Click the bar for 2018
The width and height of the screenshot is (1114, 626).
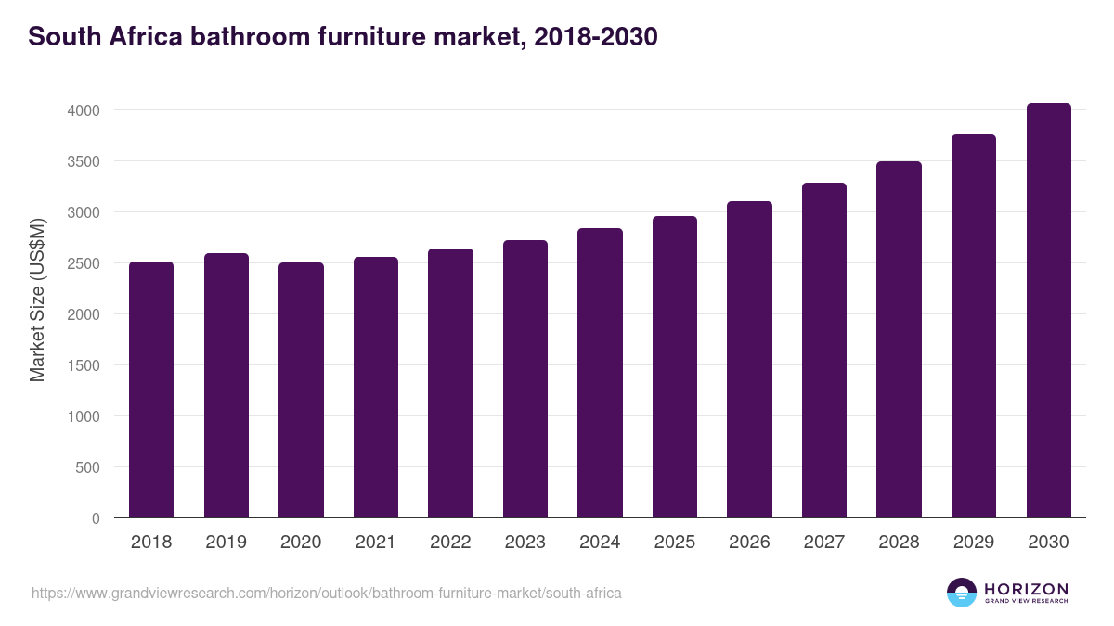click(151, 390)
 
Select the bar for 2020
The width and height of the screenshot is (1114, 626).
click(301, 390)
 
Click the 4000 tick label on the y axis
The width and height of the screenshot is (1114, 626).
click(83, 110)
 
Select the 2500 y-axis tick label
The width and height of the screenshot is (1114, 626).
click(83, 263)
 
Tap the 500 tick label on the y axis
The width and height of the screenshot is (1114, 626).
click(87, 467)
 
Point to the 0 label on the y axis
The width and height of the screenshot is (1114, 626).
click(95, 518)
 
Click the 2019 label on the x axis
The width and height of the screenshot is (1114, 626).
click(226, 542)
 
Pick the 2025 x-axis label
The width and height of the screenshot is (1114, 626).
click(674, 542)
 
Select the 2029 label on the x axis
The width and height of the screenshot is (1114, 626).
click(973, 542)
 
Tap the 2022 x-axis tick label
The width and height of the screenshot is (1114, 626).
click(450, 542)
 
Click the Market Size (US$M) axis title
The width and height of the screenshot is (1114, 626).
click(37, 300)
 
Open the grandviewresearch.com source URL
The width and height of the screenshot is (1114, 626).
click(327, 593)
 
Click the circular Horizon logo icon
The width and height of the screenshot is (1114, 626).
click(962, 592)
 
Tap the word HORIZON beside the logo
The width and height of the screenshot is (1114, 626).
click(1026, 588)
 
